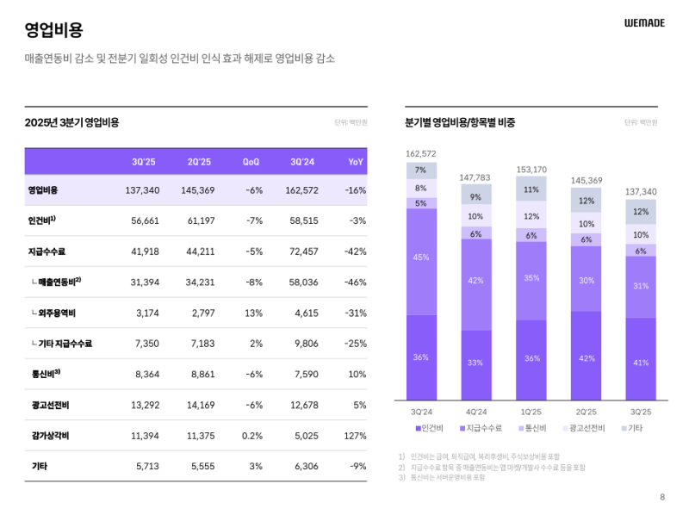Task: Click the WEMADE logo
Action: coord(644,23)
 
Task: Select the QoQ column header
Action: coord(251,162)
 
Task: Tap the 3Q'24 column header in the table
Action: coord(302,162)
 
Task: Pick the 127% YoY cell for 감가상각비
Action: coord(355,436)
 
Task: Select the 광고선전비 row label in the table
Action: coord(45,405)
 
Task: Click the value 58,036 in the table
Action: coord(302,282)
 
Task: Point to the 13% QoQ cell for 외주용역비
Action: coord(253,313)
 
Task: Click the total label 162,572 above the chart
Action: coord(421,154)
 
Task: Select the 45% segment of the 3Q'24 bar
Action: coord(421,257)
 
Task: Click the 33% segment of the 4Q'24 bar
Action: coord(475,363)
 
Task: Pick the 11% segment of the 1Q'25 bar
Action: coord(531,189)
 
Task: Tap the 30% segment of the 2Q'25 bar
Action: coord(586,280)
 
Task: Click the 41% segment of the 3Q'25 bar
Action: coord(641,363)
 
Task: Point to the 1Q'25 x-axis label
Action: coord(531,412)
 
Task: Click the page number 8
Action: coord(661,497)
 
